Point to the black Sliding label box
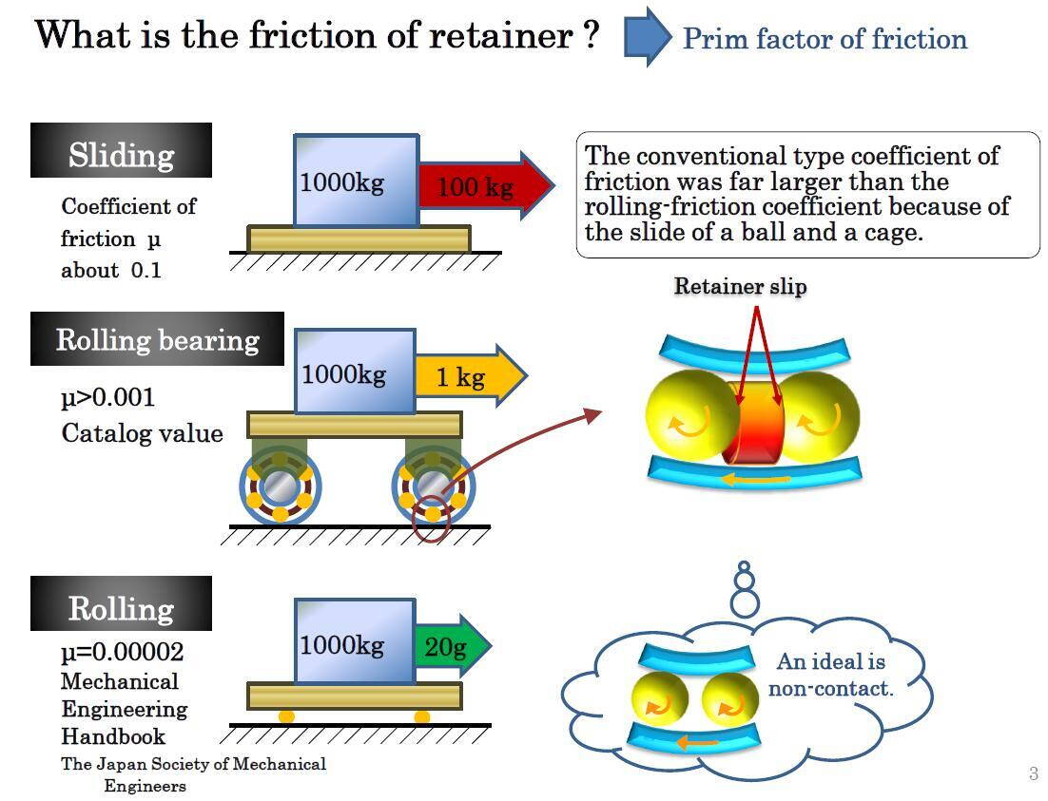(121, 151)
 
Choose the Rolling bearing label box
(157, 339)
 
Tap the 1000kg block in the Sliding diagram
(355, 181)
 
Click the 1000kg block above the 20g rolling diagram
(354, 642)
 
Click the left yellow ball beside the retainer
(691, 417)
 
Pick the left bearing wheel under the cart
(281, 487)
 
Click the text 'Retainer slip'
(740, 286)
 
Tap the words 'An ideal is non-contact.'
(830, 675)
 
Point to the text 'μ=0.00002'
(123, 653)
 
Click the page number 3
(1033, 773)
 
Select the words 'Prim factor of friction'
(825, 39)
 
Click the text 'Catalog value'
(142, 433)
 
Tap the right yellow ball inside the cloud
(729, 701)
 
